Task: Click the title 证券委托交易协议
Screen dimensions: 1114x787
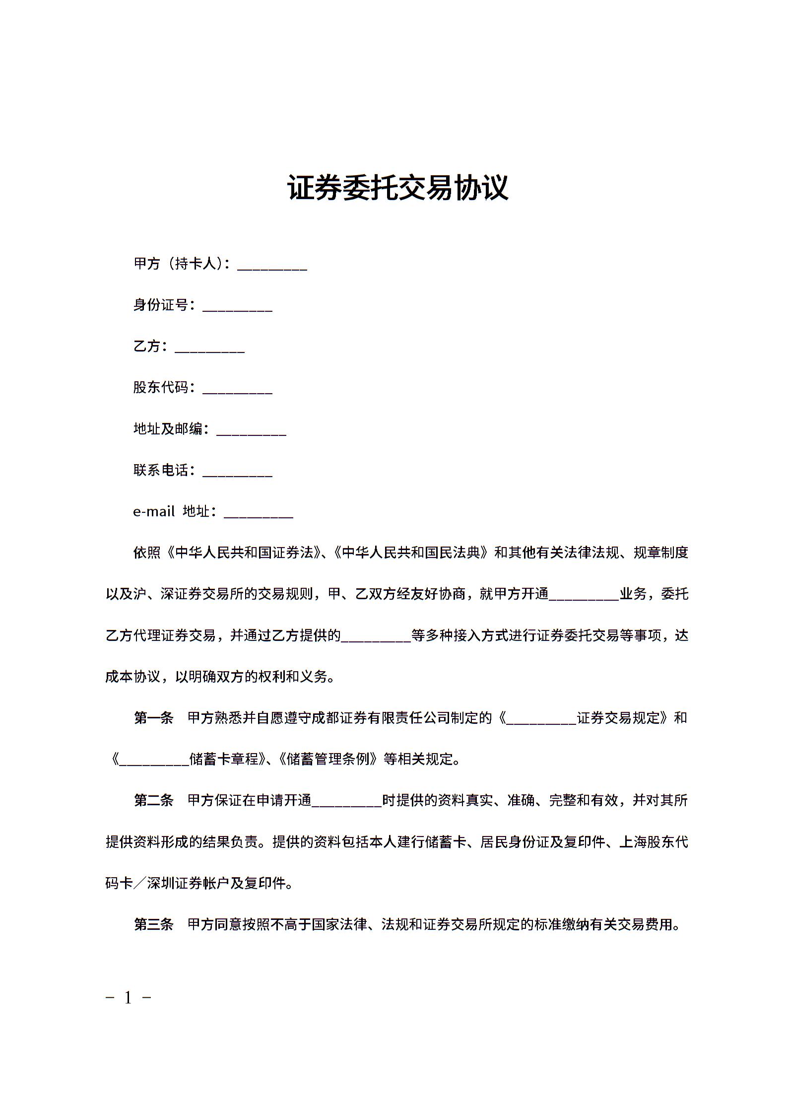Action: [398, 188]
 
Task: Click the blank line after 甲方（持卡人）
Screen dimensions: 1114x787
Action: [272, 266]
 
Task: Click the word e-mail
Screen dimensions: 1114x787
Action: [154, 511]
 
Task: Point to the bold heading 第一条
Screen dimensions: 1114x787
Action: [154, 718]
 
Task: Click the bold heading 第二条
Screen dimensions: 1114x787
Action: [154, 800]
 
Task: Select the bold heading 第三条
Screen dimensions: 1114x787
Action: [154, 924]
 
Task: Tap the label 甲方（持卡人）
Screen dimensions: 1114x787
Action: [182, 264]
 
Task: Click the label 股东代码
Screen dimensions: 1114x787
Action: [161, 387]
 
